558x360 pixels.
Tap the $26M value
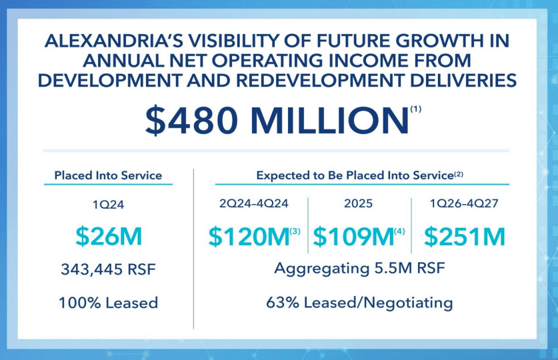(x=108, y=237)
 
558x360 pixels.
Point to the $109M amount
(x=353, y=237)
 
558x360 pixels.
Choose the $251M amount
(x=465, y=237)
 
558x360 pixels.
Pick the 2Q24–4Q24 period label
(x=253, y=204)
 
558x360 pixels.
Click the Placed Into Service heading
(x=108, y=175)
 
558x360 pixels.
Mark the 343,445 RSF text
(x=108, y=270)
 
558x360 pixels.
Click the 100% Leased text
(x=108, y=302)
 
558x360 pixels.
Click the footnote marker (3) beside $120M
(x=295, y=231)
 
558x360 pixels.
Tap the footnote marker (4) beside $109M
(x=399, y=231)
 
